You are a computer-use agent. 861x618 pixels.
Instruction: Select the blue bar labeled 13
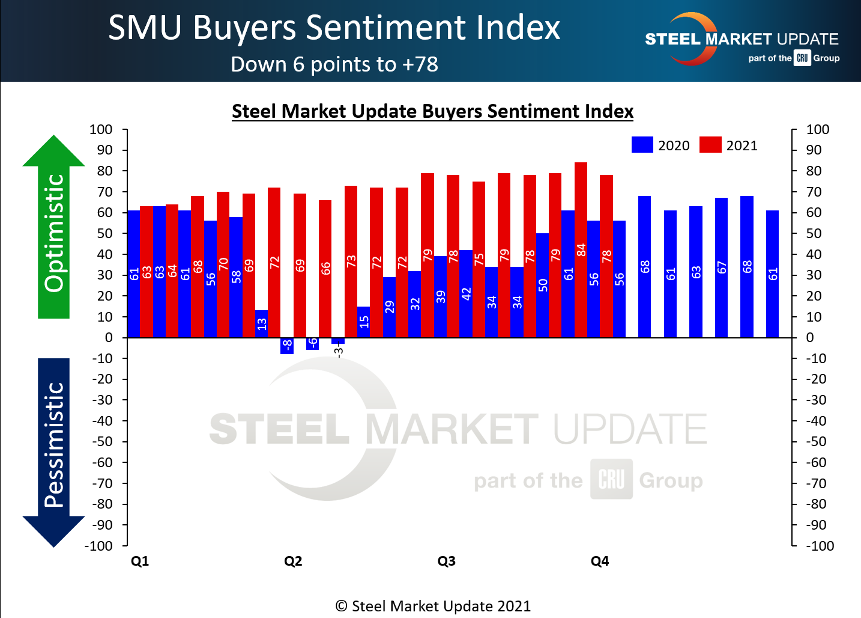click(x=262, y=323)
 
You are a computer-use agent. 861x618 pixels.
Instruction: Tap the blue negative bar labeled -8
click(x=287, y=346)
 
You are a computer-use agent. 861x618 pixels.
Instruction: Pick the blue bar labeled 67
click(x=721, y=267)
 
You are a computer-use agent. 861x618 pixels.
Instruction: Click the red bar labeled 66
click(x=325, y=268)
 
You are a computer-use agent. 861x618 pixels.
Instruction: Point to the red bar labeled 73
click(x=351, y=261)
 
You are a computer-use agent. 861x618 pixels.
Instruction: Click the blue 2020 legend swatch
click(x=642, y=145)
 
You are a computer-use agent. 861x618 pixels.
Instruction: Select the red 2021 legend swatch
click(x=710, y=145)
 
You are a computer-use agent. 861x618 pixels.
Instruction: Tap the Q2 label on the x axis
click(x=293, y=561)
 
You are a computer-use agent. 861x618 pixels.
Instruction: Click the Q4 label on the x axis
click(x=600, y=561)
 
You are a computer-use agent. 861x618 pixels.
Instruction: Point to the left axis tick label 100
click(x=101, y=129)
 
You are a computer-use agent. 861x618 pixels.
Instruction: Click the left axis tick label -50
click(x=102, y=441)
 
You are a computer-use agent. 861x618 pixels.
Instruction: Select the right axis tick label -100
click(x=820, y=546)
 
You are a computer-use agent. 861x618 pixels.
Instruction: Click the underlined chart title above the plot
click(x=432, y=111)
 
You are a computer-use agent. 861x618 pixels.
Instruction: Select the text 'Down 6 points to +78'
click(x=334, y=64)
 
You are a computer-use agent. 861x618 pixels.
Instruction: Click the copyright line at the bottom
click(x=432, y=606)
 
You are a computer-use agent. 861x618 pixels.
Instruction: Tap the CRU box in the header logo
click(x=802, y=58)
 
